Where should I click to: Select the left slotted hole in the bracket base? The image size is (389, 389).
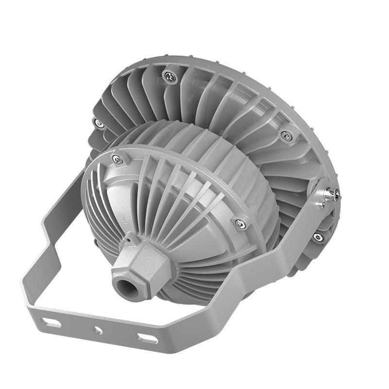(x=51, y=322)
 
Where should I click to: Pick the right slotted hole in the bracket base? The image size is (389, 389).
(x=147, y=338)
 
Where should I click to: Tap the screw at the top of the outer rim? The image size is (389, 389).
(x=169, y=76)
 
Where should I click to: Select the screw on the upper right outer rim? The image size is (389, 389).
(x=287, y=136)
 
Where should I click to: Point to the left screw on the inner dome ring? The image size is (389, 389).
(x=117, y=159)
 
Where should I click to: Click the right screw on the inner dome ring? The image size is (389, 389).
(x=239, y=224)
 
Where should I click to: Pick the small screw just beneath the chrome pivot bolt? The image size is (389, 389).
(x=321, y=204)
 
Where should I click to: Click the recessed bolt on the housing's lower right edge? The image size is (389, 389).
(x=318, y=237)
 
